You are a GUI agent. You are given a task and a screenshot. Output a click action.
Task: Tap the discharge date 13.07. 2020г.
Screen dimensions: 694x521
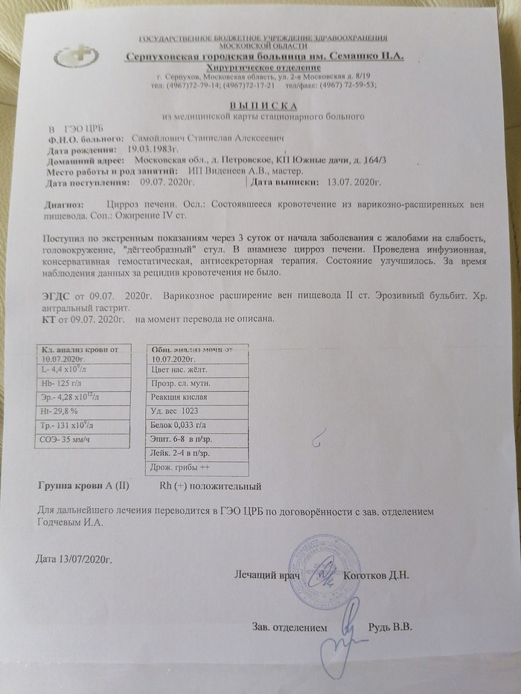pos(349,181)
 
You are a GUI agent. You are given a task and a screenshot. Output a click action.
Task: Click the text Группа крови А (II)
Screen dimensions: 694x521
pos(83,486)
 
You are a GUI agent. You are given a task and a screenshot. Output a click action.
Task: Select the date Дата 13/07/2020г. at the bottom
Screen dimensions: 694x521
pos(77,560)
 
